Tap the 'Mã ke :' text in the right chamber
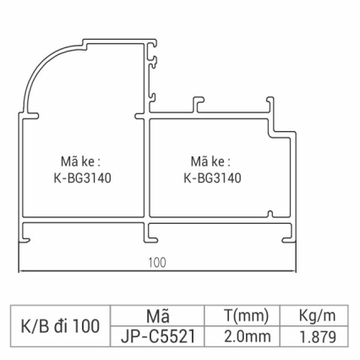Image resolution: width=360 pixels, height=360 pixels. pyautogui.click(x=210, y=160)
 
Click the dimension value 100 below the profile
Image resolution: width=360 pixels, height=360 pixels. pyautogui.click(x=157, y=262)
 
